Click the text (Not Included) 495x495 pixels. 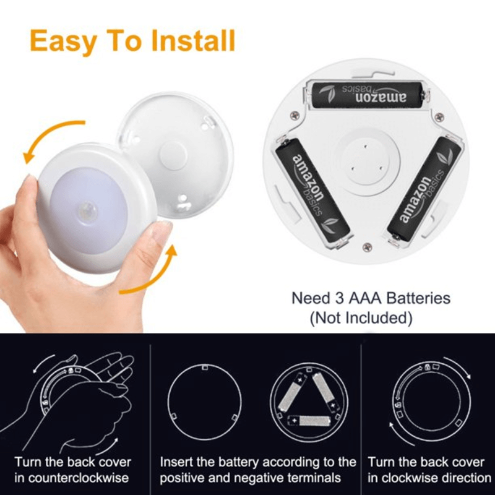click(x=361, y=319)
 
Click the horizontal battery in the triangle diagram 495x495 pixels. click(x=316, y=421)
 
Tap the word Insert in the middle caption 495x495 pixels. click(x=178, y=462)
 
